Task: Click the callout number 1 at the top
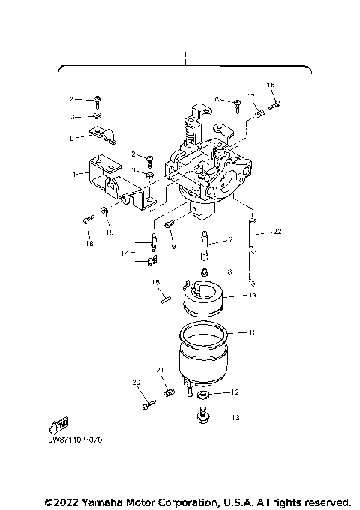coord(186,56)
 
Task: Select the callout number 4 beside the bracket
coord(74,173)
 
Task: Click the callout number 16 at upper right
coord(271,85)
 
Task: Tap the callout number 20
coord(136,382)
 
